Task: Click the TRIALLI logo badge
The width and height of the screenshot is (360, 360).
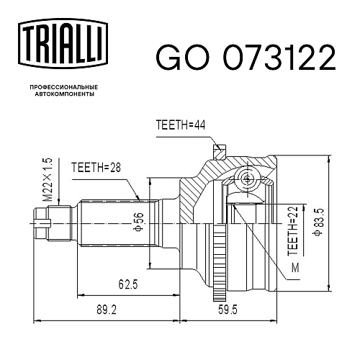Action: pyautogui.click(x=63, y=44)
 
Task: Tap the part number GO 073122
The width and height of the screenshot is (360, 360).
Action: pyautogui.click(x=246, y=58)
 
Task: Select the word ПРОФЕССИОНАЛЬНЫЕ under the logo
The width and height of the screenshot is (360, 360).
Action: pyautogui.click(x=64, y=87)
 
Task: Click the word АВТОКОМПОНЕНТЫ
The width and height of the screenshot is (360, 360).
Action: pyautogui.click(x=65, y=94)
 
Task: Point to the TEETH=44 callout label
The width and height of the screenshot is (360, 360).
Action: pyautogui.click(x=181, y=125)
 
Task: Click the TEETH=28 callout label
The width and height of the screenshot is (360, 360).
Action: pyautogui.click(x=96, y=168)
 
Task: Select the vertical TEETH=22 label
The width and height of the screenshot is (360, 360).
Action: pyautogui.click(x=293, y=230)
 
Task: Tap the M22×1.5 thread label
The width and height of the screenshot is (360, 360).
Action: pyautogui.click(x=48, y=179)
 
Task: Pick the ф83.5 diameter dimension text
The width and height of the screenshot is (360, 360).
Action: pyautogui.click(x=320, y=222)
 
